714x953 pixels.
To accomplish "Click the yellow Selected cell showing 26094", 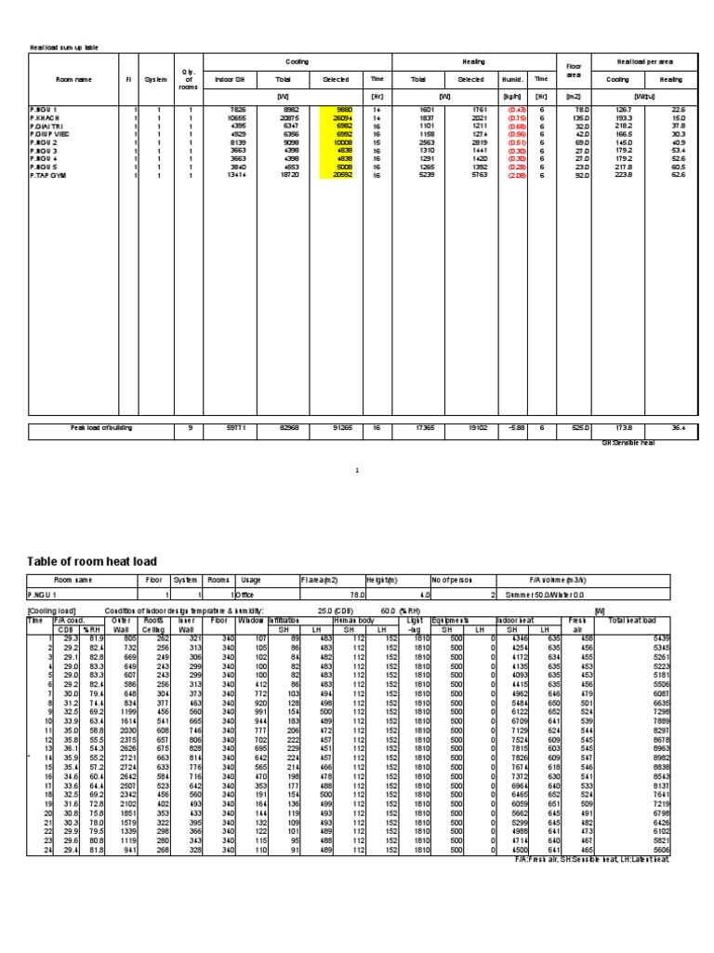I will click(x=336, y=119).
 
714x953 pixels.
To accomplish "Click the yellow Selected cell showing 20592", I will click(x=336, y=174).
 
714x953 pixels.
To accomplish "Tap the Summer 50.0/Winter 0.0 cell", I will click(x=559, y=593).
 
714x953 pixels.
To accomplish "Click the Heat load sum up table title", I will click(x=65, y=45).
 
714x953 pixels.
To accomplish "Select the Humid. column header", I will click(x=511, y=80).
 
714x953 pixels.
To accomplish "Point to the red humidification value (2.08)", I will click(x=512, y=174).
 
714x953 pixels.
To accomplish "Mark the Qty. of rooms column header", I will click(x=190, y=80).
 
